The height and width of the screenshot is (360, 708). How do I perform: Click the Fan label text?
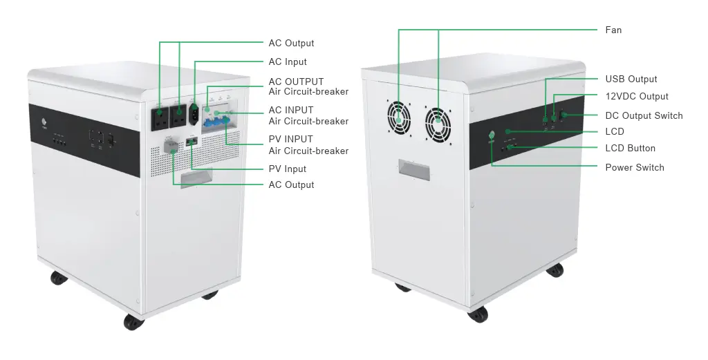click(x=613, y=30)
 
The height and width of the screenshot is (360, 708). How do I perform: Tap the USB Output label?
click(x=631, y=79)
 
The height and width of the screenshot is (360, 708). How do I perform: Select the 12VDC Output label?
click(x=637, y=96)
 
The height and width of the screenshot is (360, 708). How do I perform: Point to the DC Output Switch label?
click(x=644, y=115)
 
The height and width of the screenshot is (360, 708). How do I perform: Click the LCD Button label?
click(x=630, y=148)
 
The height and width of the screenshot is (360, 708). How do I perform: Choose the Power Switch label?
click(x=634, y=167)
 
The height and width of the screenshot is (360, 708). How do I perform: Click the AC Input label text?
click(x=288, y=61)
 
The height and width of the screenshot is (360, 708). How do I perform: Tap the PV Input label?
click(x=287, y=169)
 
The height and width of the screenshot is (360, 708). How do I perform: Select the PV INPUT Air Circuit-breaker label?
click(x=308, y=144)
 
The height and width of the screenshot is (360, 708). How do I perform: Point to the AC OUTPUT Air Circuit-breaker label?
click(x=308, y=86)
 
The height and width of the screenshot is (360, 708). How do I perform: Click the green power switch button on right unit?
click(x=492, y=136)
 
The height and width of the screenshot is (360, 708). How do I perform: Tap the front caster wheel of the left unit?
click(x=131, y=321)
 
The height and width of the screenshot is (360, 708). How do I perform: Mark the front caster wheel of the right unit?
click(x=477, y=314)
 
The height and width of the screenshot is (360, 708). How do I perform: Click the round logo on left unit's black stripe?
click(x=44, y=125)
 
